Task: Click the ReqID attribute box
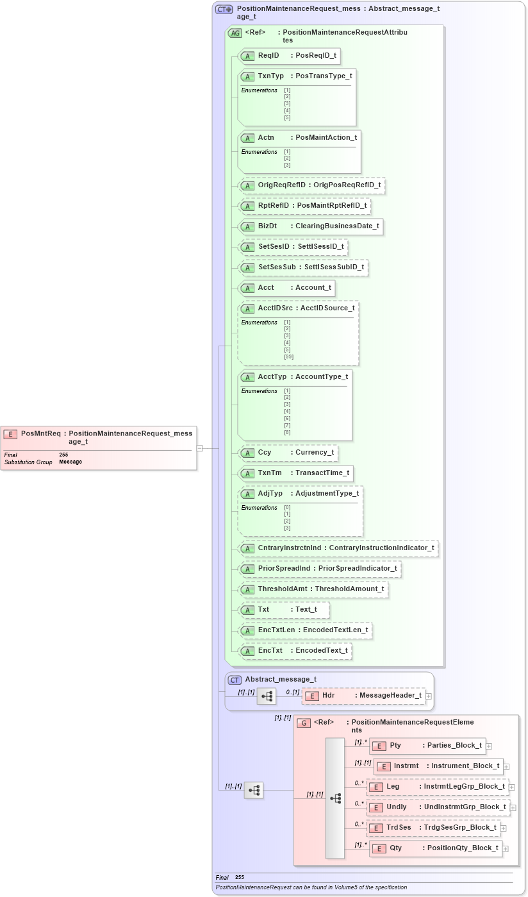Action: click(288, 56)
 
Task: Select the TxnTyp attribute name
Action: click(270, 76)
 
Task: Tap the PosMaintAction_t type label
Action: click(326, 137)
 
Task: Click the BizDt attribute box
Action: click(310, 226)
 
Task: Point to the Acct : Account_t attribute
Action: click(286, 288)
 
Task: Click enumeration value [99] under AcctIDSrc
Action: click(288, 356)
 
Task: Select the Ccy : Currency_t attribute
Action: click(288, 453)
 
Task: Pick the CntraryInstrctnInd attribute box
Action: click(338, 548)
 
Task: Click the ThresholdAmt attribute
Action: click(313, 589)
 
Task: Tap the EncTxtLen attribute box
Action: click(304, 630)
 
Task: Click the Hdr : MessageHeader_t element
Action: click(363, 696)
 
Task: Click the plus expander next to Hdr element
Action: click(429, 696)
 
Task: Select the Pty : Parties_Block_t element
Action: click(427, 746)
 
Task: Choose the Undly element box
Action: click(438, 807)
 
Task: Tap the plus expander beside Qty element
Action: click(506, 848)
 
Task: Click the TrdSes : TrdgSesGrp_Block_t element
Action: click(433, 828)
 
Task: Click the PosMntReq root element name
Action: click(40, 433)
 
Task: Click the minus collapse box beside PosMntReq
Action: click(199, 448)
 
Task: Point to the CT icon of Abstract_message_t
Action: click(235, 680)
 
